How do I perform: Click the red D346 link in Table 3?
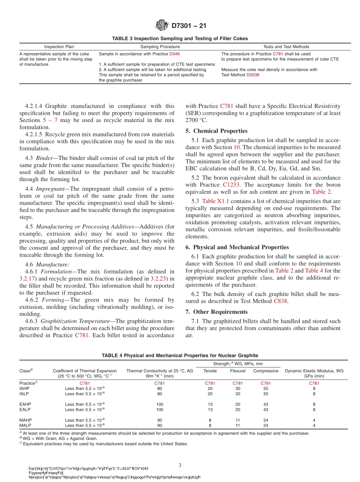click(x=174, y=54)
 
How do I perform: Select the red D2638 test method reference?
click(x=253, y=75)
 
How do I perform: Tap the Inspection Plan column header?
click(x=59, y=47)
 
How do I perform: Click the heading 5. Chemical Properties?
click(x=216, y=131)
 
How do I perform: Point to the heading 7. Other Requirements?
click(x=216, y=312)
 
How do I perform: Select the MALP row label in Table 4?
click(x=26, y=425)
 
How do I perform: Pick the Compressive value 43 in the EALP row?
click(x=266, y=410)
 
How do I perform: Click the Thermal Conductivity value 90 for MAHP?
click(x=160, y=420)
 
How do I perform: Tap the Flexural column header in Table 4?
click(x=238, y=371)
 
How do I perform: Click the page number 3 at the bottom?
click(x=180, y=465)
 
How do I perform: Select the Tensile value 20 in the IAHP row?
click(x=210, y=388)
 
